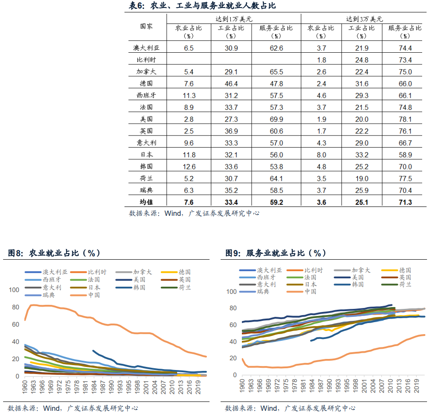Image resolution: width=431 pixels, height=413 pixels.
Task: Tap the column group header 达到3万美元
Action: click(x=364, y=19)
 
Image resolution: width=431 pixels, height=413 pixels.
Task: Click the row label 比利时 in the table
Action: click(x=146, y=60)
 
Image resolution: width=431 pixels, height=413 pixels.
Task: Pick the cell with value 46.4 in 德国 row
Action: click(x=231, y=84)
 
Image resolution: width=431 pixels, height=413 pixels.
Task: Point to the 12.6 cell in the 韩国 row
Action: click(x=189, y=167)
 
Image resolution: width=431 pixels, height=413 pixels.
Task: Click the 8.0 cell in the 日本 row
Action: click(x=321, y=155)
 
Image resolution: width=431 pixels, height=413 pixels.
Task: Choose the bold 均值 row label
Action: click(x=146, y=203)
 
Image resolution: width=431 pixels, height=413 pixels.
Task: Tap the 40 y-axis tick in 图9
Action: click(x=232, y=342)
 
